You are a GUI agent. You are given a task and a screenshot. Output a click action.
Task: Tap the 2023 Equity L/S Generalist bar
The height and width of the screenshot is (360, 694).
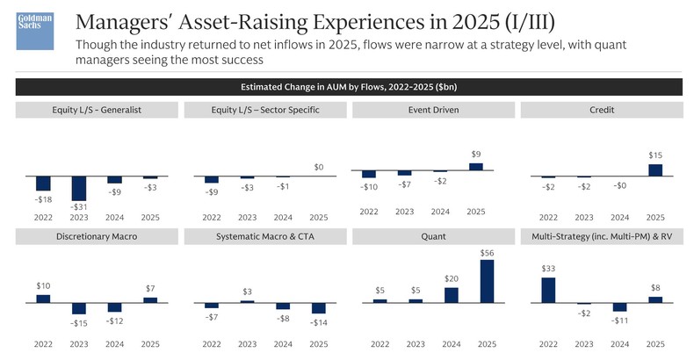pos(79,188)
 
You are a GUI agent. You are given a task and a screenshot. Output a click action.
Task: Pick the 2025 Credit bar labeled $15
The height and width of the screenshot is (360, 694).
pos(654,170)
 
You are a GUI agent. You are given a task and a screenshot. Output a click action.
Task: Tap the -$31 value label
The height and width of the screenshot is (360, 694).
pos(79,207)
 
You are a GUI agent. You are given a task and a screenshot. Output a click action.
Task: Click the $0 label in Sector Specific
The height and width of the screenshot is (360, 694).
pos(319,167)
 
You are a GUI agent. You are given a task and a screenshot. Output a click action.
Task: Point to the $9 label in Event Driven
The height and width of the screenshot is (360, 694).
pos(476,155)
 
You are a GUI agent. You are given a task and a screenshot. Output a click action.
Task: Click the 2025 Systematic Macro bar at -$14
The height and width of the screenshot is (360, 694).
pos(319,308)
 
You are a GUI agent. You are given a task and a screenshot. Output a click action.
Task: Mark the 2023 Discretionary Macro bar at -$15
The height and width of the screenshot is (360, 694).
pos(79,308)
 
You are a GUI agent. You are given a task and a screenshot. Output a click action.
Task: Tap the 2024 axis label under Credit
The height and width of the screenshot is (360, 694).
pos(619,217)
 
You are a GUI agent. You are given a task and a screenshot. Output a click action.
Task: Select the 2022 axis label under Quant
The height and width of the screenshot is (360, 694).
pos(380,342)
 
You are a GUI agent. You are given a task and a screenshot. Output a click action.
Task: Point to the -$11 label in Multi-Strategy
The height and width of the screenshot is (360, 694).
pos(619,320)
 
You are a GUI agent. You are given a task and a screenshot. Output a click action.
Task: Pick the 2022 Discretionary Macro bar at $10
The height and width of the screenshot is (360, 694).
pos(43,299)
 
